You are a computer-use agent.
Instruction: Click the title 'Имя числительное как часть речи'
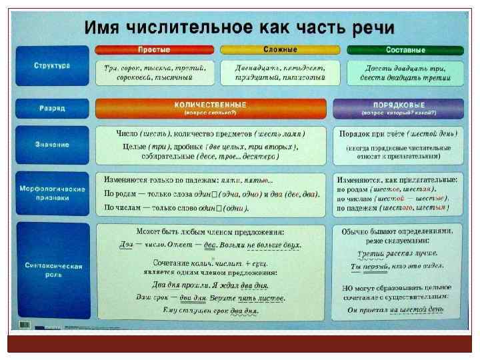point(239,28)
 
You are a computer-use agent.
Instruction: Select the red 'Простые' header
point(154,50)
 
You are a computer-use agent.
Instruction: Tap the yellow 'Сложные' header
point(280,50)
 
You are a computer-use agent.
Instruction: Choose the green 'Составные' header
point(405,50)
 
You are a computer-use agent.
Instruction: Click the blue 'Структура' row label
point(53,65)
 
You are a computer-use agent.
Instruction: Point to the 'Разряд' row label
point(53,107)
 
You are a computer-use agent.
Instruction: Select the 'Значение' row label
point(53,144)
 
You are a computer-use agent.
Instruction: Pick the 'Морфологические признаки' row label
point(53,193)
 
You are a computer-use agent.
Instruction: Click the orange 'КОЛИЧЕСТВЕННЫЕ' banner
point(211,107)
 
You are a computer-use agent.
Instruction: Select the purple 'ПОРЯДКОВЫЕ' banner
point(399,107)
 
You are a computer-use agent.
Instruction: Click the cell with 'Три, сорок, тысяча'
point(155,73)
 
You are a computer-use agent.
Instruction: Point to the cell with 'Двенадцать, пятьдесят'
point(280,73)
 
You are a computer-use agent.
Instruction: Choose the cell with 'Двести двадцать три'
point(405,73)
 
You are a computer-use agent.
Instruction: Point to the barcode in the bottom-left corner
point(25,325)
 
